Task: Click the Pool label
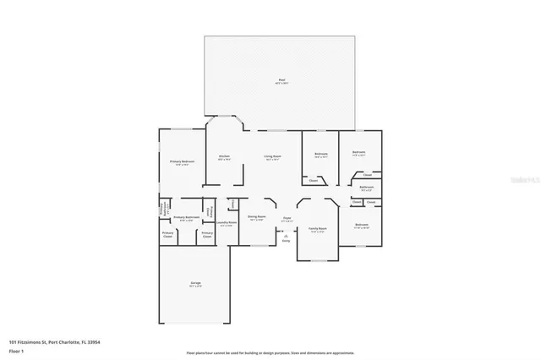pos(281,81)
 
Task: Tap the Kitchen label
pos(224,156)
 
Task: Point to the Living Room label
pos(271,156)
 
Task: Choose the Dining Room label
pos(256,216)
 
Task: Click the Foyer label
pos(287,216)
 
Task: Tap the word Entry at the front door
pos(285,241)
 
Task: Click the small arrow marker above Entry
pos(285,235)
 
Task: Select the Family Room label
pos(317,229)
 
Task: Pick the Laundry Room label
pos(226,223)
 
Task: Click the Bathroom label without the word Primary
pos(367,187)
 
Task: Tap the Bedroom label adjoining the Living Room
pos(321,154)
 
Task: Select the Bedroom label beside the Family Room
pos(359,226)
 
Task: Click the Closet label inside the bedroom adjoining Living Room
pos(314,180)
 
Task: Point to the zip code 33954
pos(94,342)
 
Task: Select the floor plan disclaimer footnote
pos(270,352)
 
